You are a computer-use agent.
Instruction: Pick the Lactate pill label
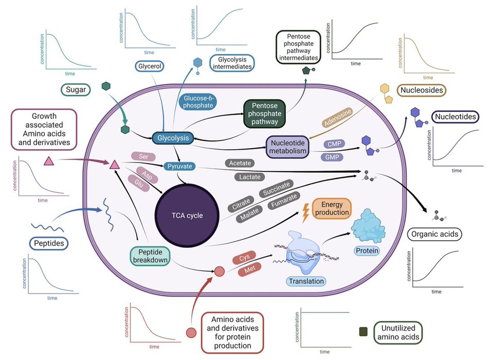[250, 177]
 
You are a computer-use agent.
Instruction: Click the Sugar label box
[75, 90]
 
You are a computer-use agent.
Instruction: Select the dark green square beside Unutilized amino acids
[364, 333]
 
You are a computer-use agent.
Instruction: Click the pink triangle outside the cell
[49, 161]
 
